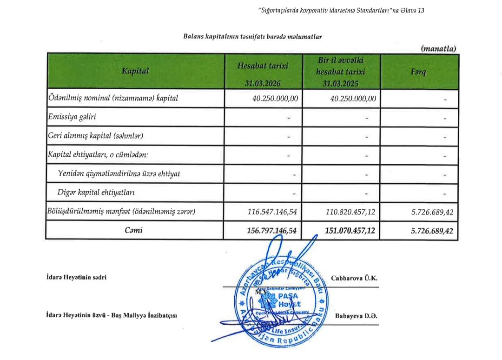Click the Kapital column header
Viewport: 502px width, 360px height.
135,71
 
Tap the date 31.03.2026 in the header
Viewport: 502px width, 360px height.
263,84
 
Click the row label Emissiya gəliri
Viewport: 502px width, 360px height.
73,117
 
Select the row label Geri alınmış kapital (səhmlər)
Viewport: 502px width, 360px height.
96,136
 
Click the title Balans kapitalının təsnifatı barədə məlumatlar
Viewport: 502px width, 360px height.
253,36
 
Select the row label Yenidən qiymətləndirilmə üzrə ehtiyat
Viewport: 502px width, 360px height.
119,173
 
